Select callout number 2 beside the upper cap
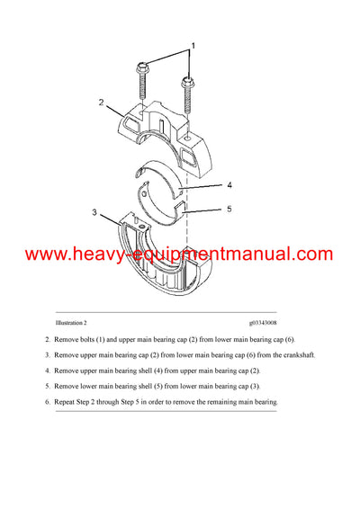point(102,102)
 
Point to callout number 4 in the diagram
point(229,185)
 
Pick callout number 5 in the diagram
point(229,210)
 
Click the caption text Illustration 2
point(71,321)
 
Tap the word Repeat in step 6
point(67,401)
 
